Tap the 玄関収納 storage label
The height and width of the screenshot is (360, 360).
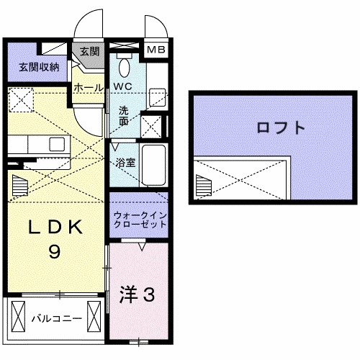[38, 68]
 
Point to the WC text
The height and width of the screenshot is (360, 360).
[122, 86]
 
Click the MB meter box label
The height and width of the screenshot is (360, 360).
[156, 50]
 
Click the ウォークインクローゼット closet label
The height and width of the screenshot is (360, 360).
[140, 218]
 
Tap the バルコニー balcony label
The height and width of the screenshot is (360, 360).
[51, 316]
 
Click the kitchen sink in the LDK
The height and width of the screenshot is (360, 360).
[56, 143]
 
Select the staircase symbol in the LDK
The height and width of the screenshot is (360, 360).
[22, 182]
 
